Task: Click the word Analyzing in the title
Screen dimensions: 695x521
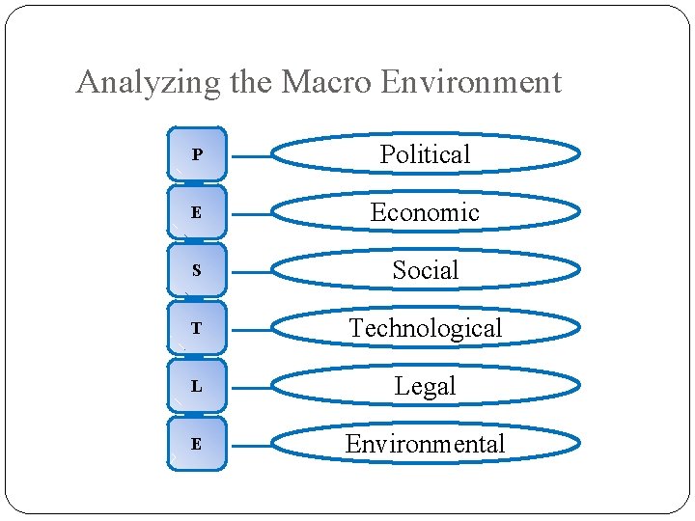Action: (x=149, y=83)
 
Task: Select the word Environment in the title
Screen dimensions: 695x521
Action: (x=471, y=83)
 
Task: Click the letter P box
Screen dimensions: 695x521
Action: (x=197, y=154)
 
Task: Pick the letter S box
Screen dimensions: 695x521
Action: (x=197, y=270)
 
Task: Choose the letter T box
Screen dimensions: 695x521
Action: (x=197, y=328)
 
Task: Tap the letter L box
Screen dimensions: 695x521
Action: (x=197, y=386)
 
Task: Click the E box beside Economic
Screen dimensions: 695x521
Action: (x=197, y=212)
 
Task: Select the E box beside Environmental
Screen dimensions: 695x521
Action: (x=197, y=444)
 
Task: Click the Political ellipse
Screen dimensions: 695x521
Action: (x=425, y=154)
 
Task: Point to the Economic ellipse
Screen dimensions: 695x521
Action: (x=425, y=212)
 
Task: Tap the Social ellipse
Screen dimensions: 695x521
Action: (x=425, y=270)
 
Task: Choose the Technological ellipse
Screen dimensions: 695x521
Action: (x=425, y=328)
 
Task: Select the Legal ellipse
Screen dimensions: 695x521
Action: (x=425, y=386)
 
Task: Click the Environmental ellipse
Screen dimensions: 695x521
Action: (x=425, y=444)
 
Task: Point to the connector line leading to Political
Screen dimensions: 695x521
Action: (x=251, y=156)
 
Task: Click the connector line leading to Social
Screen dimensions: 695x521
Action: (x=251, y=272)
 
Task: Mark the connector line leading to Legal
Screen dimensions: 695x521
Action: (x=251, y=388)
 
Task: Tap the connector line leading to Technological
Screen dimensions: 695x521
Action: (x=251, y=330)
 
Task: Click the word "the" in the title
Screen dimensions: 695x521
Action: (x=251, y=83)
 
